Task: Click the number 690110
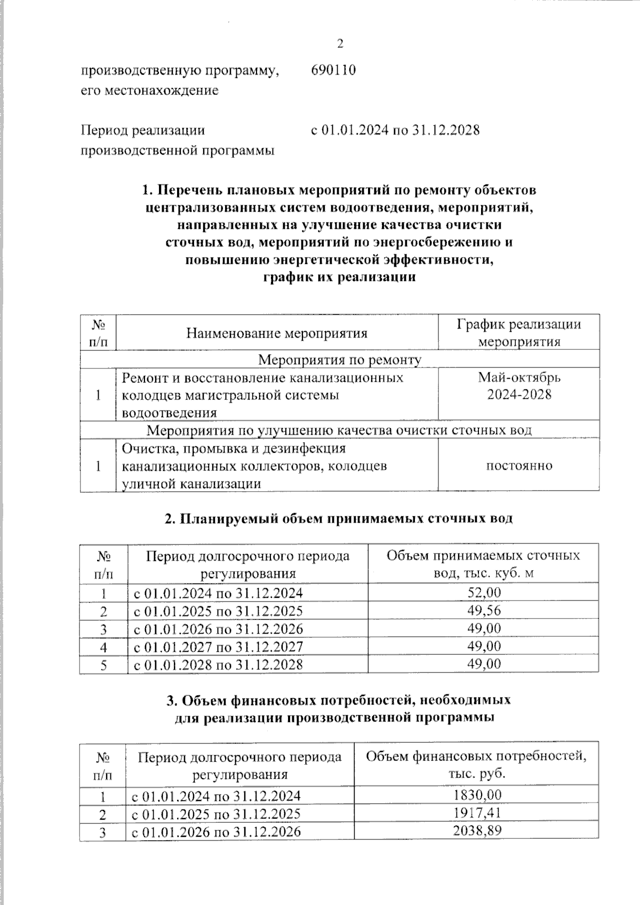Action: point(333,70)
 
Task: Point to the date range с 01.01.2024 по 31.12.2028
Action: point(395,130)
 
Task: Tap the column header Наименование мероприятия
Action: point(277,334)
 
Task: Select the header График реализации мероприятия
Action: point(518,333)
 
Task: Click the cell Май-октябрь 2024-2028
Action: point(518,386)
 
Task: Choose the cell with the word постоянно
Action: point(518,466)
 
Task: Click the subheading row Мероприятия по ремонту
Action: point(340,360)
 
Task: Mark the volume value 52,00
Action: point(484,592)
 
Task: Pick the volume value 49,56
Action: point(484,610)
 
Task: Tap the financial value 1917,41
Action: point(477,813)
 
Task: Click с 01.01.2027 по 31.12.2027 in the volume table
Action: point(218,647)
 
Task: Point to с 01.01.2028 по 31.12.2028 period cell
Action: point(218,664)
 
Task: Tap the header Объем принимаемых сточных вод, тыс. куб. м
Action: point(483,564)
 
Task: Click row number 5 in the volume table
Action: point(103,665)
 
